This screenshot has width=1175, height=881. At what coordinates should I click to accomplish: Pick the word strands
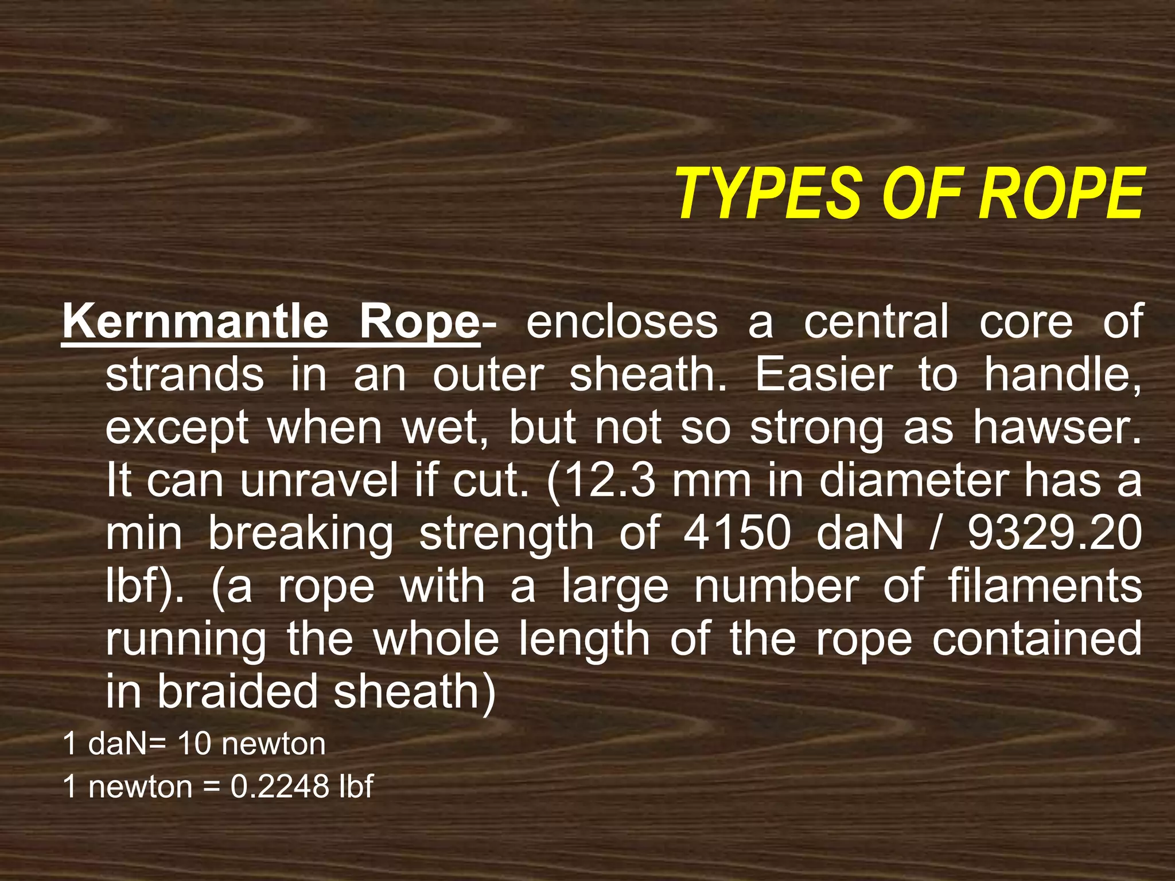(x=185, y=375)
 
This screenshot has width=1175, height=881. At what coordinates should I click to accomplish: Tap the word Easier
(x=823, y=375)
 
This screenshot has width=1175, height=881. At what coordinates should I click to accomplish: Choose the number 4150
(x=737, y=533)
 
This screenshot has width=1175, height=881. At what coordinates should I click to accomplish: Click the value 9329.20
(x=1055, y=533)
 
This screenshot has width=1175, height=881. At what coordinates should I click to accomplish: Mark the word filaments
(x=1044, y=586)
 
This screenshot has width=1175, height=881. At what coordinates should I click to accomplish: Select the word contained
(x=1037, y=639)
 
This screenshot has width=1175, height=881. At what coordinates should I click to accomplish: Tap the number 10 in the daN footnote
(x=194, y=744)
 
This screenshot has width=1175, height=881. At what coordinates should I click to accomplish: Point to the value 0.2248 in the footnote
(x=279, y=786)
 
